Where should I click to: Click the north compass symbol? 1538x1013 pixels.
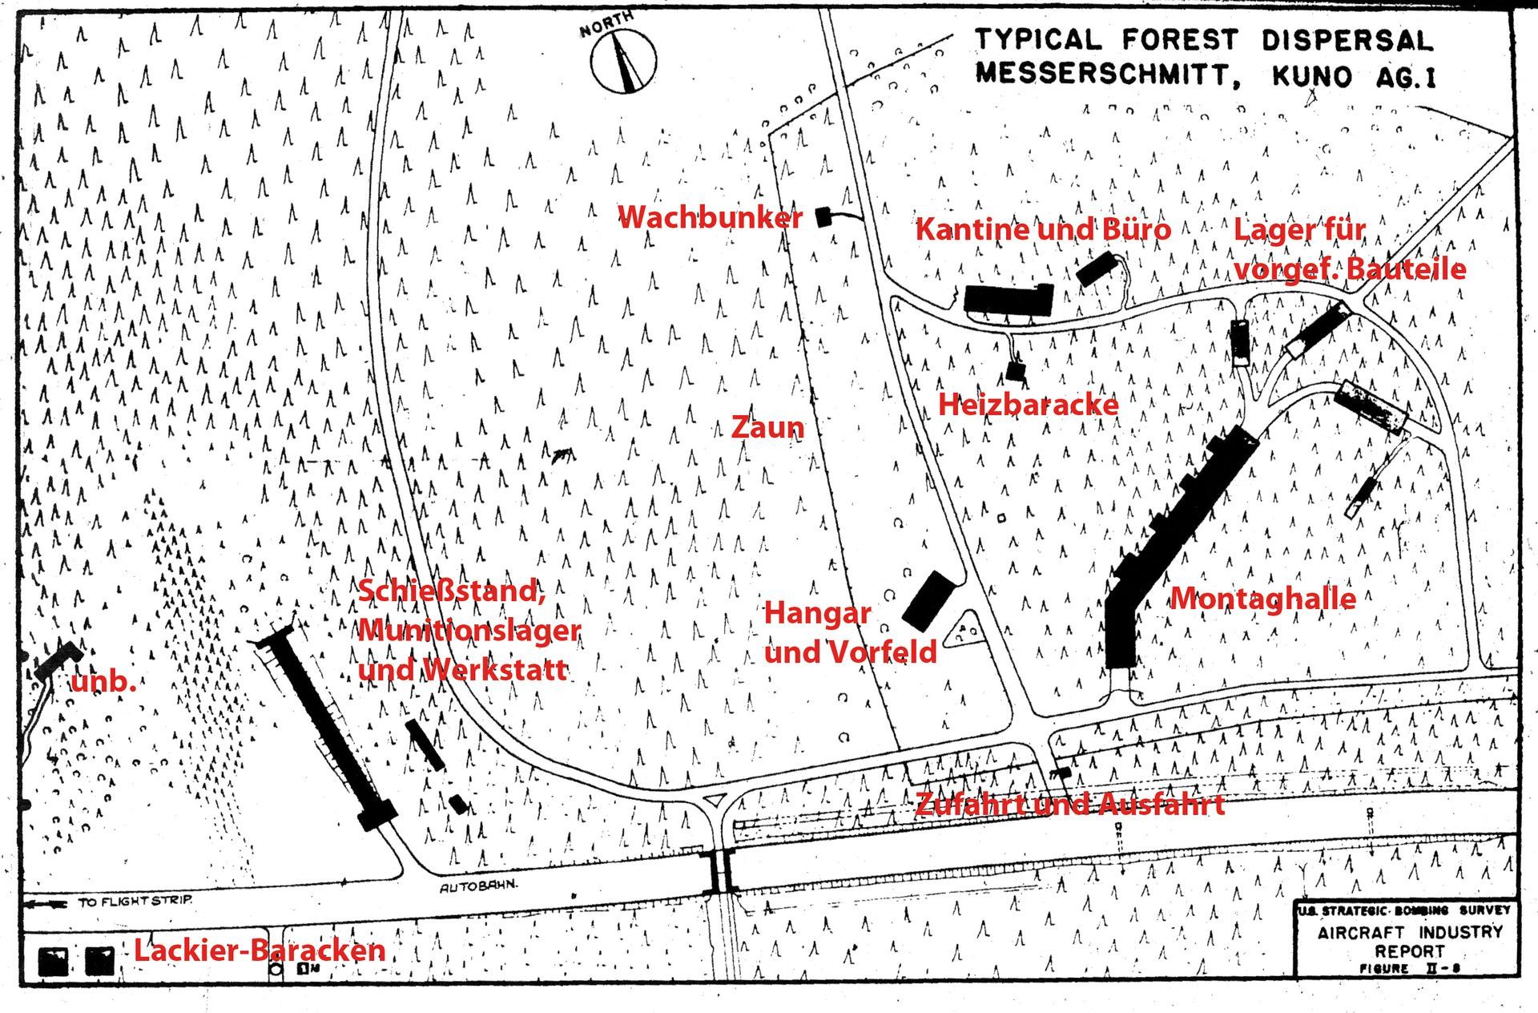click(x=623, y=61)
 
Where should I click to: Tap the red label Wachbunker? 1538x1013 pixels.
click(x=710, y=217)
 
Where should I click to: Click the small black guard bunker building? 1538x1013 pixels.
click(x=823, y=216)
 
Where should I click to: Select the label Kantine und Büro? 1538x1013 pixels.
click(x=1043, y=230)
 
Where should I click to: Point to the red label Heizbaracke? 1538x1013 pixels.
click(x=1028, y=405)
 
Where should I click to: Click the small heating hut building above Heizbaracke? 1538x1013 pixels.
click(x=1016, y=371)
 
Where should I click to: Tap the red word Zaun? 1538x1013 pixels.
click(x=767, y=427)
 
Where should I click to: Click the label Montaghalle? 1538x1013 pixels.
click(x=1263, y=599)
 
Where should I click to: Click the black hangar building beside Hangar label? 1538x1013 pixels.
click(x=929, y=599)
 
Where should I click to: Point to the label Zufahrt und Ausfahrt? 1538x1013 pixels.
click(x=1069, y=805)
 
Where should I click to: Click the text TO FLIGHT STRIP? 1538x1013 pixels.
click(x=135, y=901)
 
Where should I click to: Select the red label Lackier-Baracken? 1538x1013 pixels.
click(x=260, y=950)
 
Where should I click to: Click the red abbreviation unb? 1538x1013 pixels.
click(x=103, y=682)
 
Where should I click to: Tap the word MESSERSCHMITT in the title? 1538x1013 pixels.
click(x=1101, y=75)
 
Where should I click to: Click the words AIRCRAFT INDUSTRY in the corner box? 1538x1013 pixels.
click(x=1409, y=933)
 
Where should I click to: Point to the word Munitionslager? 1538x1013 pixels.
click(x=469, y=630)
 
